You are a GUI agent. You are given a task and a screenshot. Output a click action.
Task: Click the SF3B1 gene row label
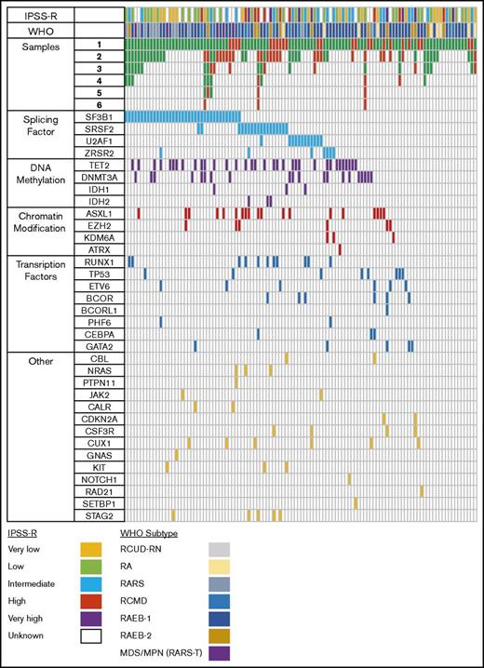[98, 115]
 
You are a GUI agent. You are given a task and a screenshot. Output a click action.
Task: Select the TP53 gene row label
[98, 274]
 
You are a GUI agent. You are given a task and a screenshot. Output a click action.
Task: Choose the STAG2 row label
[98, 514]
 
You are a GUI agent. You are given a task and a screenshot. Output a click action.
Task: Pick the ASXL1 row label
[98, 212]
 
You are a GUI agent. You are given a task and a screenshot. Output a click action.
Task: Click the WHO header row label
[37, 31]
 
